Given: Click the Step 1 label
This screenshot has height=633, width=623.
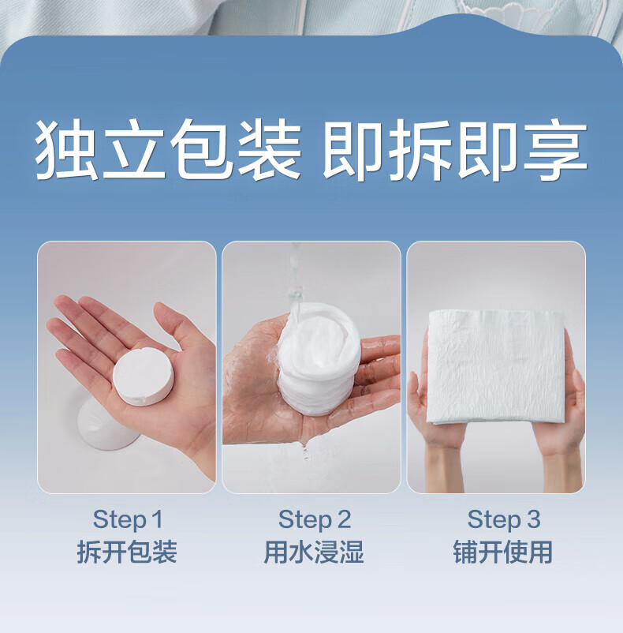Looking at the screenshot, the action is click(128, 519).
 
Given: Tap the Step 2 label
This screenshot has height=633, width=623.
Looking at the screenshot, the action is click(315, 519).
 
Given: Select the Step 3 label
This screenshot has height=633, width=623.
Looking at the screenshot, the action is click(504, 519).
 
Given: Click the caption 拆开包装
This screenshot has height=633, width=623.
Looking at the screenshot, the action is click(127, 552).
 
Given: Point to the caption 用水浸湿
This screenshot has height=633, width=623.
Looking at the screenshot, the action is click(314, 552).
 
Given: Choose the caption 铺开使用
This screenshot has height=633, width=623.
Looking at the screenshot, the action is click(503, 552).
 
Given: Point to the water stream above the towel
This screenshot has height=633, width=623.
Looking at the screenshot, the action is click(296, 279).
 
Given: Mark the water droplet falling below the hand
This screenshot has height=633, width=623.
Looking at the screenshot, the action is click(305, 452).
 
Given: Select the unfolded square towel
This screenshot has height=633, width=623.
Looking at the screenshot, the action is click(496, 366).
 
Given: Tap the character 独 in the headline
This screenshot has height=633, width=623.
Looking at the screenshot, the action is click(66, 149).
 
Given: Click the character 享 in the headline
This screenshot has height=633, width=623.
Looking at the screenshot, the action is click(555, 149).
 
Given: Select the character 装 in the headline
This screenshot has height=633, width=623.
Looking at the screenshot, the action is click(270, 149).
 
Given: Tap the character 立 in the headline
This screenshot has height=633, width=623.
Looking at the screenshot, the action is click(134, 149).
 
